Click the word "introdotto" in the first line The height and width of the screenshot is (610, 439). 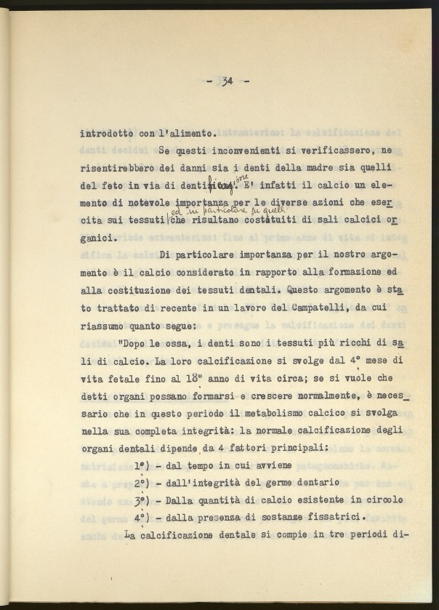pos(108,133)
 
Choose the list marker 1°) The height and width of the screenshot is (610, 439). pos(143,465)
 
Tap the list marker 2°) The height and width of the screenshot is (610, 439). pos(143,483)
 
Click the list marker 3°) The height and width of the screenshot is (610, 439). pos(143,500)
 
